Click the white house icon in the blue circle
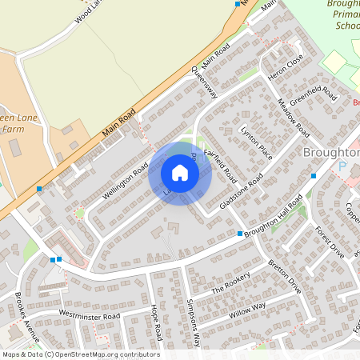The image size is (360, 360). pos(180,173)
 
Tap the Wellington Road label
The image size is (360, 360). pos(126,181)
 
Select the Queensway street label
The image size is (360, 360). pos(205,82)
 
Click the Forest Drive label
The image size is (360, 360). pos(329,241)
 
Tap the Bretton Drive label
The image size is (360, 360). pos(284,274)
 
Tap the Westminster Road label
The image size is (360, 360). pos(90,317)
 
